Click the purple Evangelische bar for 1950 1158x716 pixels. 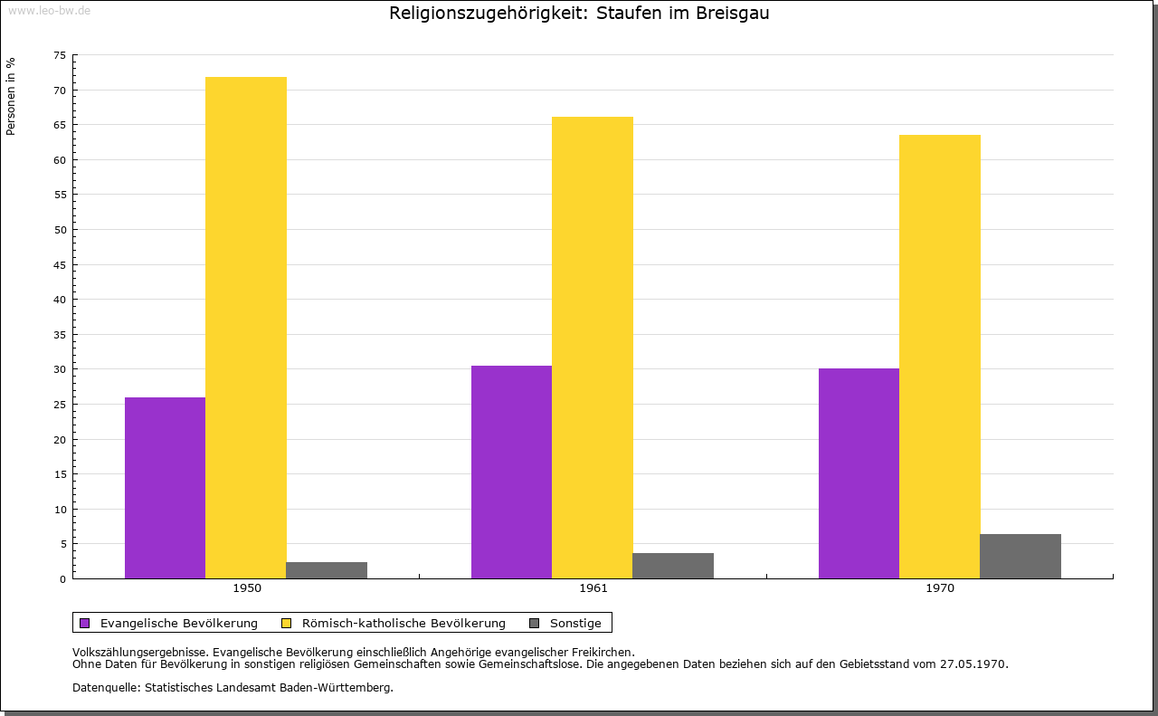pos(165,488)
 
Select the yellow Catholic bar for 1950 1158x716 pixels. pos(246,328)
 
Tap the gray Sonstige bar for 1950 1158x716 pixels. pos(327,570)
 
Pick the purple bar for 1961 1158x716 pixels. pos(512,472)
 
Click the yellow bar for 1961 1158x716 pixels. pos(593,348)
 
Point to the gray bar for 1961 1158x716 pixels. pos(673,566)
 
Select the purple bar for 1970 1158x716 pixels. pos(859,473)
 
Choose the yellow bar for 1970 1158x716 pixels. pos(940,357)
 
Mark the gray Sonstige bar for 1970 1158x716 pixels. pos(1020,556)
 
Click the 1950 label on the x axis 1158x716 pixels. pos(247,588)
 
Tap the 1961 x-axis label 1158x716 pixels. pos(593,588)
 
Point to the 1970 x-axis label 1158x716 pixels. pos(940,588)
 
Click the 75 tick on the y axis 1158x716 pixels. pos(60,55)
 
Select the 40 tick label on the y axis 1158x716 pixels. pos(60,300)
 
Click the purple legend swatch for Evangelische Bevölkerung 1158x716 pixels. pos(85,624)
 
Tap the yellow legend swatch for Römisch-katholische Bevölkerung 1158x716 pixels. pos(286,624)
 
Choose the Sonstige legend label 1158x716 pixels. pos(575,624)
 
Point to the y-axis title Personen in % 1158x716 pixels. pos(10,96)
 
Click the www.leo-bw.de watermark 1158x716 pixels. pos(49,10)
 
